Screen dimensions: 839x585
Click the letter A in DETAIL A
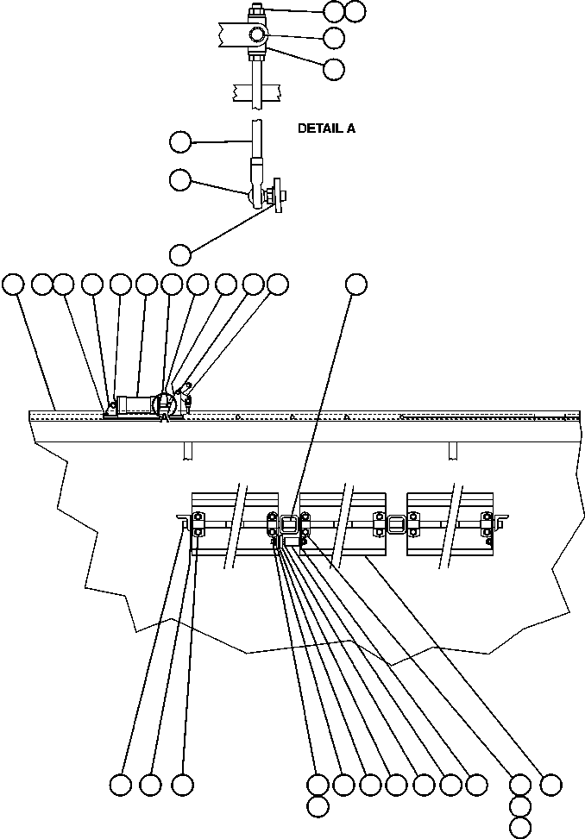coord(350,128)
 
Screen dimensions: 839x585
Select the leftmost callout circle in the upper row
coord(13,284)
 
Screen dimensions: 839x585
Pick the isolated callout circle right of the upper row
coord(356,284)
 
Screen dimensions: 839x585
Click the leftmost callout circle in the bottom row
coord(121,785)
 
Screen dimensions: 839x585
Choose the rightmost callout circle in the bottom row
coord(550,785)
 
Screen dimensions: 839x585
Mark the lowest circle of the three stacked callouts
coord(520,826)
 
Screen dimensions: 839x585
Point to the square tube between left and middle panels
coord(290,523)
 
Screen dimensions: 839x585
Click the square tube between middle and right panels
coord(397,523)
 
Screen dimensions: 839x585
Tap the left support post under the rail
coord(186,451)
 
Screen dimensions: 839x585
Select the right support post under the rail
coord(451,451)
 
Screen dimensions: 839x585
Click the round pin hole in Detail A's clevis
coord(257,35)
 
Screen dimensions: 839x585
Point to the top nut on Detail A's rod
coord(256,12)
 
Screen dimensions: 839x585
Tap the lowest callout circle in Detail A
coord(179,254)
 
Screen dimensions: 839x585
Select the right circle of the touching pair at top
coord(355,11)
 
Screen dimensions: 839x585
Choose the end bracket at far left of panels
coord(184,520)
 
